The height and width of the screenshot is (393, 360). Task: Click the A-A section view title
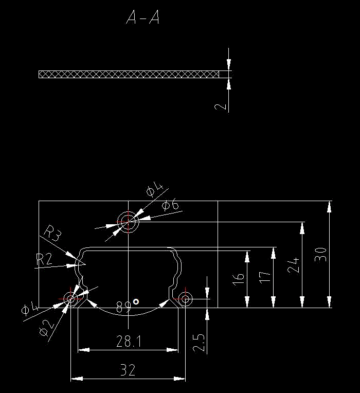pyautogui.click(x=143, y=19)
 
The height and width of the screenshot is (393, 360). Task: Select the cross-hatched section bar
pyautogui.click(x=129, y=74)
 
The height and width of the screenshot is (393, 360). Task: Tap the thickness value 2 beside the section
pyautogui.click(x=221, y=106)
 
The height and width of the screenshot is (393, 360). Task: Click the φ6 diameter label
pyautogui.click(x=170, y=206)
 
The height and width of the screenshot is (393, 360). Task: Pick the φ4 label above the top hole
pyautogui.click(x=154, y=190)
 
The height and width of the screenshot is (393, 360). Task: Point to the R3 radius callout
pyautogui.click(x=52, y=233)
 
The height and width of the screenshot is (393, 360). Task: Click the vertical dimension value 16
pyautogui.click(x=238, y=280)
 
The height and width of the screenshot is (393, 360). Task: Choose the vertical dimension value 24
pyautogui.click(x=293, y=265)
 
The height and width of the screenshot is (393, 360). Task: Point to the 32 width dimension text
pyautogui.click(x=128, y=370)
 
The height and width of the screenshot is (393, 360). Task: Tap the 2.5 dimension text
pyautogui.click(x=199, y=343)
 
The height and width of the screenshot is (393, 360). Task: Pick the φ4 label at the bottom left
pyautogui.click(x=29, y=309)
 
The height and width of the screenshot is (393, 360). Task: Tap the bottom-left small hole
pyautogui.click(x=70, y=298)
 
